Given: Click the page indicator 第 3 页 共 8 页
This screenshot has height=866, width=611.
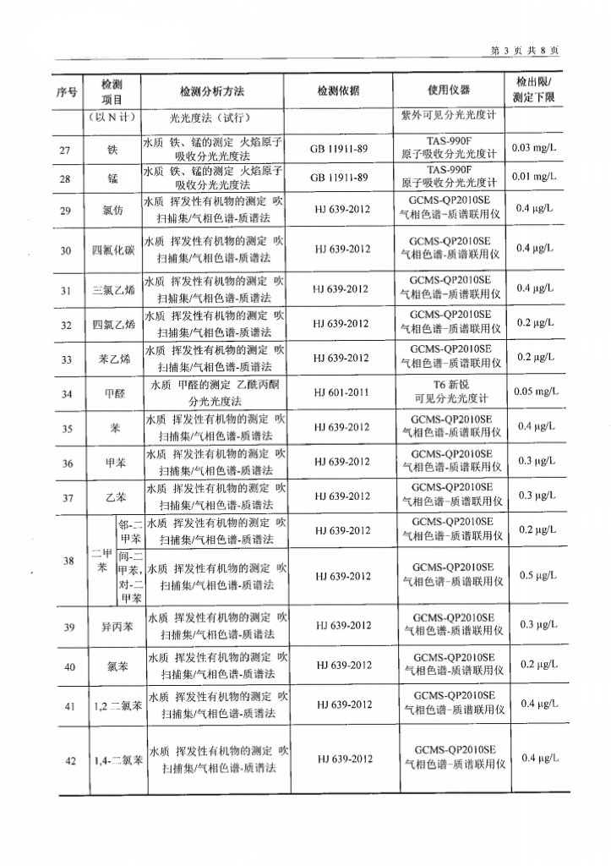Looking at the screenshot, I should [525, 50].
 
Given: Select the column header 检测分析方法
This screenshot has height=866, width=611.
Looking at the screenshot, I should [211, 90].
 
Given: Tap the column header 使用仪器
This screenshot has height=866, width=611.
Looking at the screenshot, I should [449, 90].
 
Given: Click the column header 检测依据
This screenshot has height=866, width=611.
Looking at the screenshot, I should [338, 90].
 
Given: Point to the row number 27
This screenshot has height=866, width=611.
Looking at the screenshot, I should [67, 149].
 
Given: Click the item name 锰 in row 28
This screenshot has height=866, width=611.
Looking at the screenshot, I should [112, 178].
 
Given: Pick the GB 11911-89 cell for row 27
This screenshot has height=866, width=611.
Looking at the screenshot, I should [339, 149].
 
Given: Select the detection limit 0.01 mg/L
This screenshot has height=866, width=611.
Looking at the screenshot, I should [534, 177].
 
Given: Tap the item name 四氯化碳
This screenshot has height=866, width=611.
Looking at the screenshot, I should [112, 249].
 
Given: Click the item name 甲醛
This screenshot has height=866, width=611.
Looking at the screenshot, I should [112, 393].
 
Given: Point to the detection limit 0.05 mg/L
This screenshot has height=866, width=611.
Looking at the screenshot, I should [534, 392].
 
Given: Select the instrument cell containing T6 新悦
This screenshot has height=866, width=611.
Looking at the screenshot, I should [449, 392].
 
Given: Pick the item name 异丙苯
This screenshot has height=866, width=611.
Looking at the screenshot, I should [112, 627].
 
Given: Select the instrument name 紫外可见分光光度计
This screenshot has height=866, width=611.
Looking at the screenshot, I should [449, 118].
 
